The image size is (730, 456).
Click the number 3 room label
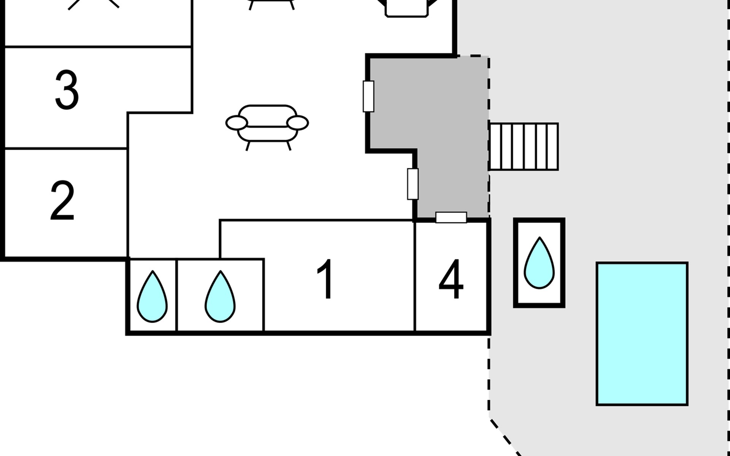click(67, 90)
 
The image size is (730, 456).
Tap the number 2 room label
click(62, 201)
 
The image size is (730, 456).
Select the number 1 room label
click(326, 279)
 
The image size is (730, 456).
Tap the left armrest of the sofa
click(236, 123)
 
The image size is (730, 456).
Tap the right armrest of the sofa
click(297, 123)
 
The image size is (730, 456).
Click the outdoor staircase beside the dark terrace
click(524, 146)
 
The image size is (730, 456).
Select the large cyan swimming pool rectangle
click(642, 334)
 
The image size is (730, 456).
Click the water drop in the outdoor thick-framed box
click(539, 263)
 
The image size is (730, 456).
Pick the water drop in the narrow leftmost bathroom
click(152, 297)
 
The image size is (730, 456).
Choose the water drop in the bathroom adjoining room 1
click(220, 297)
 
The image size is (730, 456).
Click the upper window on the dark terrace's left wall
click(368, 97)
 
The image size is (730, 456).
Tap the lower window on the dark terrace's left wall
click(413, 184)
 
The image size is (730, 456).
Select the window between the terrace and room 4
click(451, 217)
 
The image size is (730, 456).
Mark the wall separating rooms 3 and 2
click(65, 148)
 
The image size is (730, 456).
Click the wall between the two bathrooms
click(177, 296)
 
